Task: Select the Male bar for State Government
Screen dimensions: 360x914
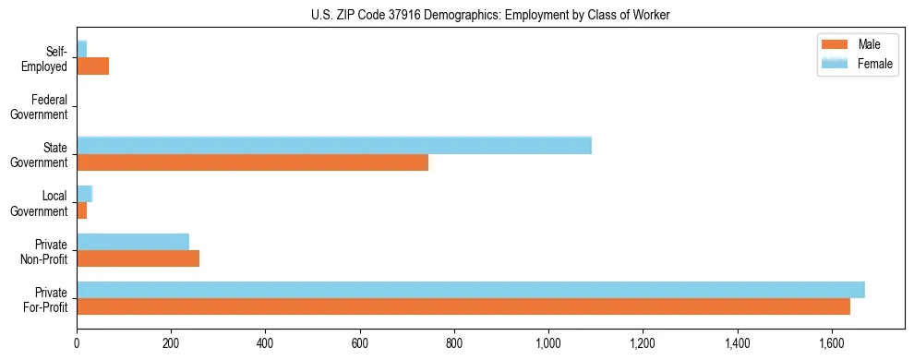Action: tap(252, 162)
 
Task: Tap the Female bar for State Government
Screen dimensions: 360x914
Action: tap(333, 145)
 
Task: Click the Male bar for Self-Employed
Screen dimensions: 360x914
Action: tap(92, 66)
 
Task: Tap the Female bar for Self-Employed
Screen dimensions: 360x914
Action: tap(81, 49)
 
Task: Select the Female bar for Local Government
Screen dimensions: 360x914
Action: tap(84, 193)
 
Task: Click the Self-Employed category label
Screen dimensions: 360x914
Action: tap(45, 59)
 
